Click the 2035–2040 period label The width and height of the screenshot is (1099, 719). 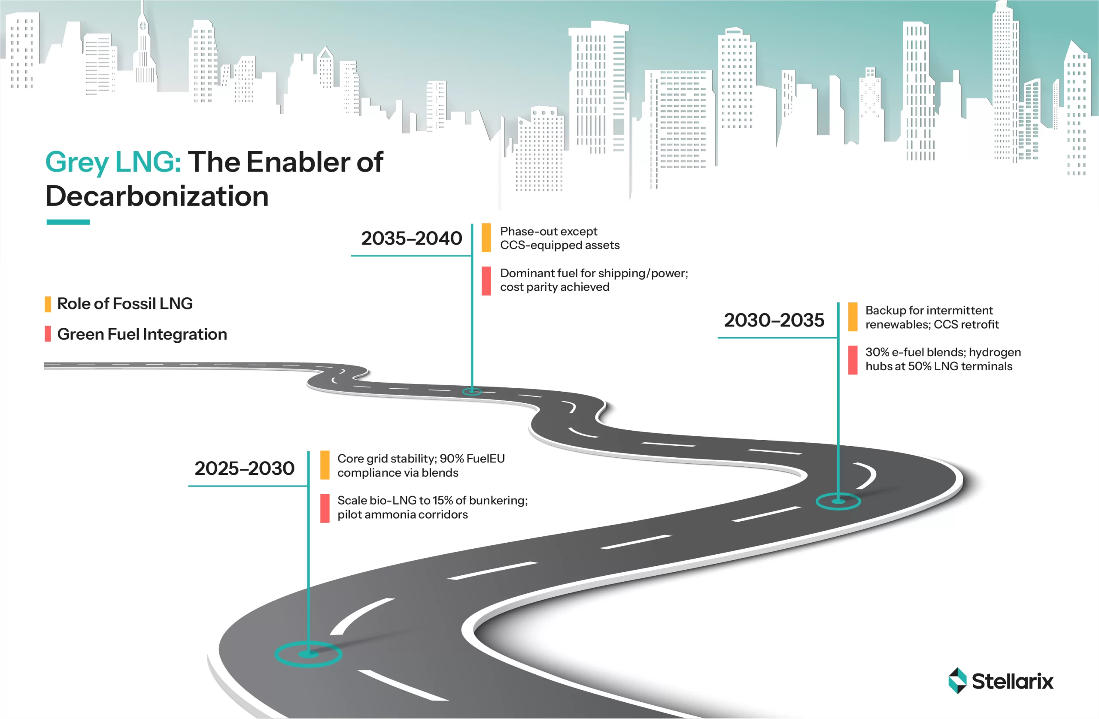click(x=411, y=239)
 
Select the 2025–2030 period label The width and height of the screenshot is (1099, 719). click(x=244, y=468)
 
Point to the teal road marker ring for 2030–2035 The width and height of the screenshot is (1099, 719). click(x=838, y=501)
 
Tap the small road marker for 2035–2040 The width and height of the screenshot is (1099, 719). click(x=472, y=392)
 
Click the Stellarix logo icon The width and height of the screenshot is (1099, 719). click(x=957, y=681)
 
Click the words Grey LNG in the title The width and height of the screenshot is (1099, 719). click(x=113, y=162)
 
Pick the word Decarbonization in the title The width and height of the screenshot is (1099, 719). click(x=157, y=196)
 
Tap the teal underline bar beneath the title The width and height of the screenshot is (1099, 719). click(x=68, y=222)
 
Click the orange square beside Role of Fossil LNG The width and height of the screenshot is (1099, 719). click(x=48, y=304)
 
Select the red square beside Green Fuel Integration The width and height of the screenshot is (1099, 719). click(x=48, y=334)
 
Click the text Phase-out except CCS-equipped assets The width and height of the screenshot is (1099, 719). click(x=560, y=238)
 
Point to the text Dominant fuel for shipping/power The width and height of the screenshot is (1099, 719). click(x=594, y=274)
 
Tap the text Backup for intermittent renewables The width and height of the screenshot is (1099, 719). click(x=932, y=317)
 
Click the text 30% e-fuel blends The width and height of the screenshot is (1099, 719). click(x=916, y=353)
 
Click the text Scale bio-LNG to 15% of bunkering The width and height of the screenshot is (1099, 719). click(x=432, y=501)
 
